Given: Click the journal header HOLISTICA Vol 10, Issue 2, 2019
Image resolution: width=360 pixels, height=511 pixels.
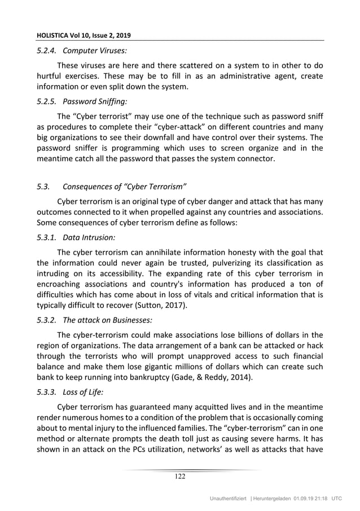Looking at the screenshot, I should pyautogui.click(x=83, y=36).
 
